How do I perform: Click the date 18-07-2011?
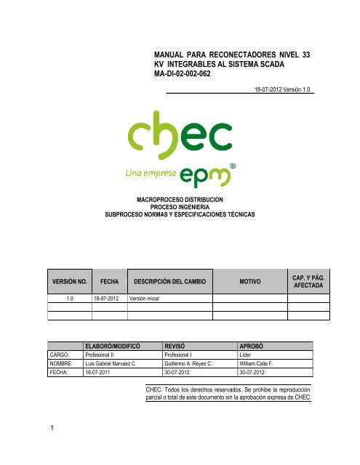[100, 373]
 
